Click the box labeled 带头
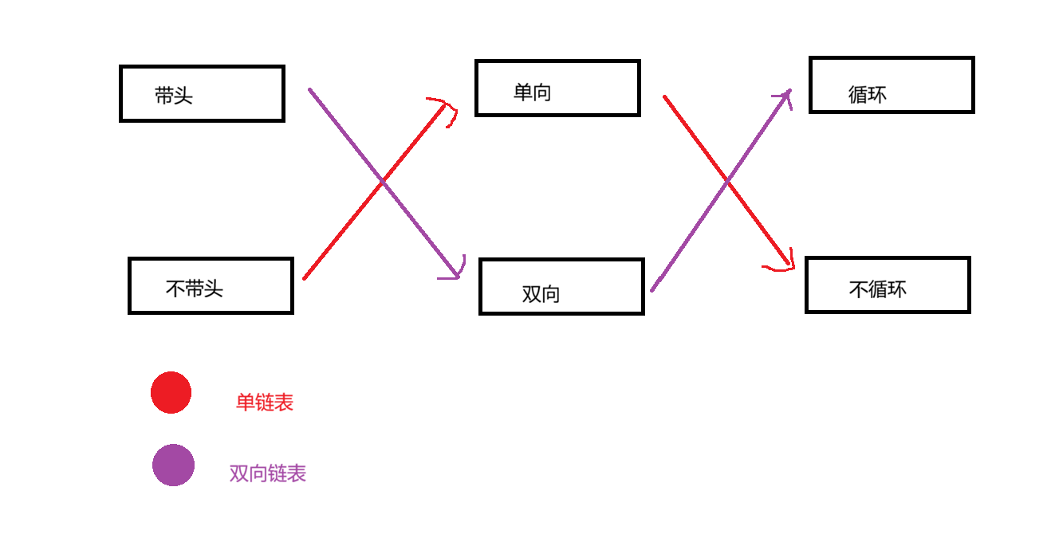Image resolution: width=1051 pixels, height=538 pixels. pos(202,93)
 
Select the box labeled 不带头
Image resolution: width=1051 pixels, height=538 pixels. pos(211,285)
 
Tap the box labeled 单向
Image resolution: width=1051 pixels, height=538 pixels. pos(557,88)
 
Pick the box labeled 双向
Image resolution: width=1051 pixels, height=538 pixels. pos(561,286)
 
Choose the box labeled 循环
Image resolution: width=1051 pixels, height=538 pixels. pos(892,84)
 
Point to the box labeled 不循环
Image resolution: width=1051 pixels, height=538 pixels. pos(888,285)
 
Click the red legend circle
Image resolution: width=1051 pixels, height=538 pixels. pos(171,393)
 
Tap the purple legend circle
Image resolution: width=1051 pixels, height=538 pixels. pos(173,465)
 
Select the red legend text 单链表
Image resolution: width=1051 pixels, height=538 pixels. pos(265,403)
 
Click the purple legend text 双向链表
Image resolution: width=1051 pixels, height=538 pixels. pos(268,473)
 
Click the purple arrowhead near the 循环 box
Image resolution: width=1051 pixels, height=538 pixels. pos(785,96)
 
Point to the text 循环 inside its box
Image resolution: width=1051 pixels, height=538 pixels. pos(868,95)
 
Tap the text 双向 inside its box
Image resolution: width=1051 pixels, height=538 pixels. pos(541,294)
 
